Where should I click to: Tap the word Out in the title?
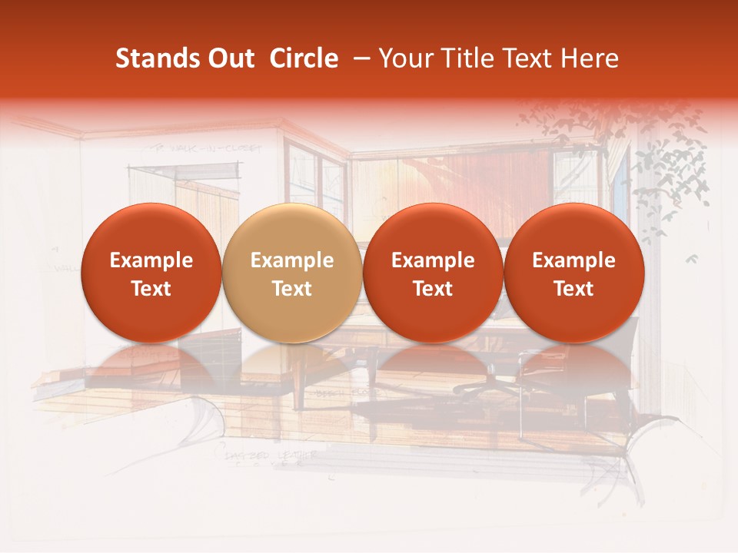[230, 58]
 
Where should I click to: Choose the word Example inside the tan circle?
[292, 260]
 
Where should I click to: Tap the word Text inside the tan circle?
[292, 289]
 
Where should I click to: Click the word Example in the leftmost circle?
[151, 260]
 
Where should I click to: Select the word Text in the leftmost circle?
[151, 289]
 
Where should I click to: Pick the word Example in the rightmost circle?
[573, 260]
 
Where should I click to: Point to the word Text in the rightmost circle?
[573, 289]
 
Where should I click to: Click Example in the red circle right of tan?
[433, 260]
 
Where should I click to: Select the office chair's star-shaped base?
[492, 380]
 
